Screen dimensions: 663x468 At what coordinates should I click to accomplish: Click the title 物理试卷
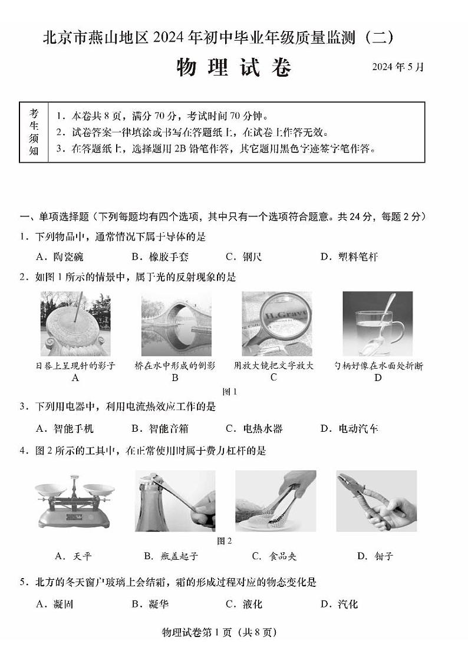tap(234, 68)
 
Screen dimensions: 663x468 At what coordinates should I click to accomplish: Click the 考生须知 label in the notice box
tap(34, 133)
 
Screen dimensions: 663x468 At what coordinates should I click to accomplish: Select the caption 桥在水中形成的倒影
tap(175, 366)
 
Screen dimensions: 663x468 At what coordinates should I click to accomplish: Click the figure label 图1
tap(229, 391)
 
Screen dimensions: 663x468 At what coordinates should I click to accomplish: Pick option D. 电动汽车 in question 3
tap(349, 428)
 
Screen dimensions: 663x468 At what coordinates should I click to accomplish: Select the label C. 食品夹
tap(273, 556)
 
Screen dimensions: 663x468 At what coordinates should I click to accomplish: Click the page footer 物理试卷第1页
tap(218, 632)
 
